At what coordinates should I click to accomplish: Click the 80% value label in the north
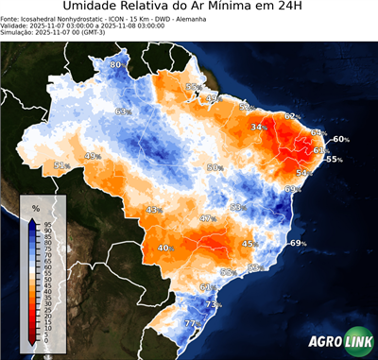[x=117, y=64]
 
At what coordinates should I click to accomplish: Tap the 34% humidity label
[x=258, y=127]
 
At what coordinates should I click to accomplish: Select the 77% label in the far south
[x=192, y=323]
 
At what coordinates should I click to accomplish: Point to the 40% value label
[x=165, y=248]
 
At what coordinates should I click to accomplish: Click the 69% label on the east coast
[x=298, y=244]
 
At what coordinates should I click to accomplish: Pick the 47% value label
[x=208, y=218]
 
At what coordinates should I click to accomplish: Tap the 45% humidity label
[x=249, y=244]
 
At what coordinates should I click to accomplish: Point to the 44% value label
[x=93, y=156]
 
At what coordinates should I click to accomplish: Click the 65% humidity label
[x=124, y=111]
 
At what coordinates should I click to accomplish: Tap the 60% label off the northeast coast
[x=340, y=139]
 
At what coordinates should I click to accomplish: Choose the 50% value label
[x=215, y=167]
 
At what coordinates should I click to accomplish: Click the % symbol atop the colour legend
[x=35, y=207]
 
